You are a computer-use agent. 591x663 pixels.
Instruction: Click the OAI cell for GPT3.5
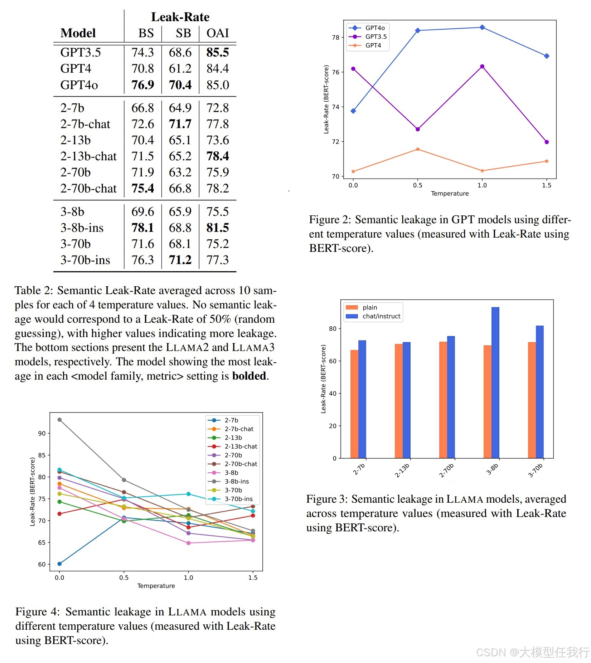click(217, 52)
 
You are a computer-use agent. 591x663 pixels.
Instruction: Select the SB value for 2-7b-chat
click(180, 124)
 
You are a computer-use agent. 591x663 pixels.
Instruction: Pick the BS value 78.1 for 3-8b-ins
click(142, 228)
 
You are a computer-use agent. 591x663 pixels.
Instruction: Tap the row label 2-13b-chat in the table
click(88, 156)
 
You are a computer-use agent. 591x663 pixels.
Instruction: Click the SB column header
click(183, 33)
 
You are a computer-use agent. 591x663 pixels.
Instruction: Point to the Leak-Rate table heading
click(180, 17)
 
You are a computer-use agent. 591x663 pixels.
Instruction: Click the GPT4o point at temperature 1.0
click(482, 28)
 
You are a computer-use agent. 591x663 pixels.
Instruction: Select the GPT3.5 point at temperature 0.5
click(417, 129)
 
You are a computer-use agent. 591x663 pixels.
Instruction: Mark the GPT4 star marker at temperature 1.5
click(546, 161)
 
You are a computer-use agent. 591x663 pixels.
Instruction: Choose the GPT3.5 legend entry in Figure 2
click(376, 36)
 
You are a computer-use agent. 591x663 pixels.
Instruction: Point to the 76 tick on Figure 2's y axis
click(335, 72)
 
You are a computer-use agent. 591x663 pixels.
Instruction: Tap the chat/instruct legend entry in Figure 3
click(381, 316)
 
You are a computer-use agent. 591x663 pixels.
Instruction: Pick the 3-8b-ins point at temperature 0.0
click(59, 420)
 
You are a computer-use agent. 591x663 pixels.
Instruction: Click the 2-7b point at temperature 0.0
click(59, 564)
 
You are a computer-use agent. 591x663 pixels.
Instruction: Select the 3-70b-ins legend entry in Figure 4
click(238, 499)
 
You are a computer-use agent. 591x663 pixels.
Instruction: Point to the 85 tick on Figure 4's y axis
click(42, 455)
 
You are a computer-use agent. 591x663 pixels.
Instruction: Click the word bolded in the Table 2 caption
click(249, 376)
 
